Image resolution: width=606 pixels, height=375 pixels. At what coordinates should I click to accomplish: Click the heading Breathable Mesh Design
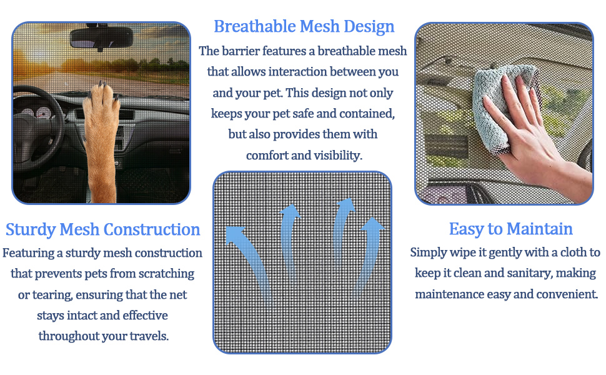(304, 27)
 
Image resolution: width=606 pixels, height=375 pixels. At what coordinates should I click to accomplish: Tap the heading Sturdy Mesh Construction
(102, 229)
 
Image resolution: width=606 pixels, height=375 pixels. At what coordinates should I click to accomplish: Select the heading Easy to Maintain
(510, 229)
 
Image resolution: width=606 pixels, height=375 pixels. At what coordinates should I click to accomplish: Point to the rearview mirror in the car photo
(101, 38)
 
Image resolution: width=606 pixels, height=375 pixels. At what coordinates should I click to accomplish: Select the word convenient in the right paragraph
(565, 294)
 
